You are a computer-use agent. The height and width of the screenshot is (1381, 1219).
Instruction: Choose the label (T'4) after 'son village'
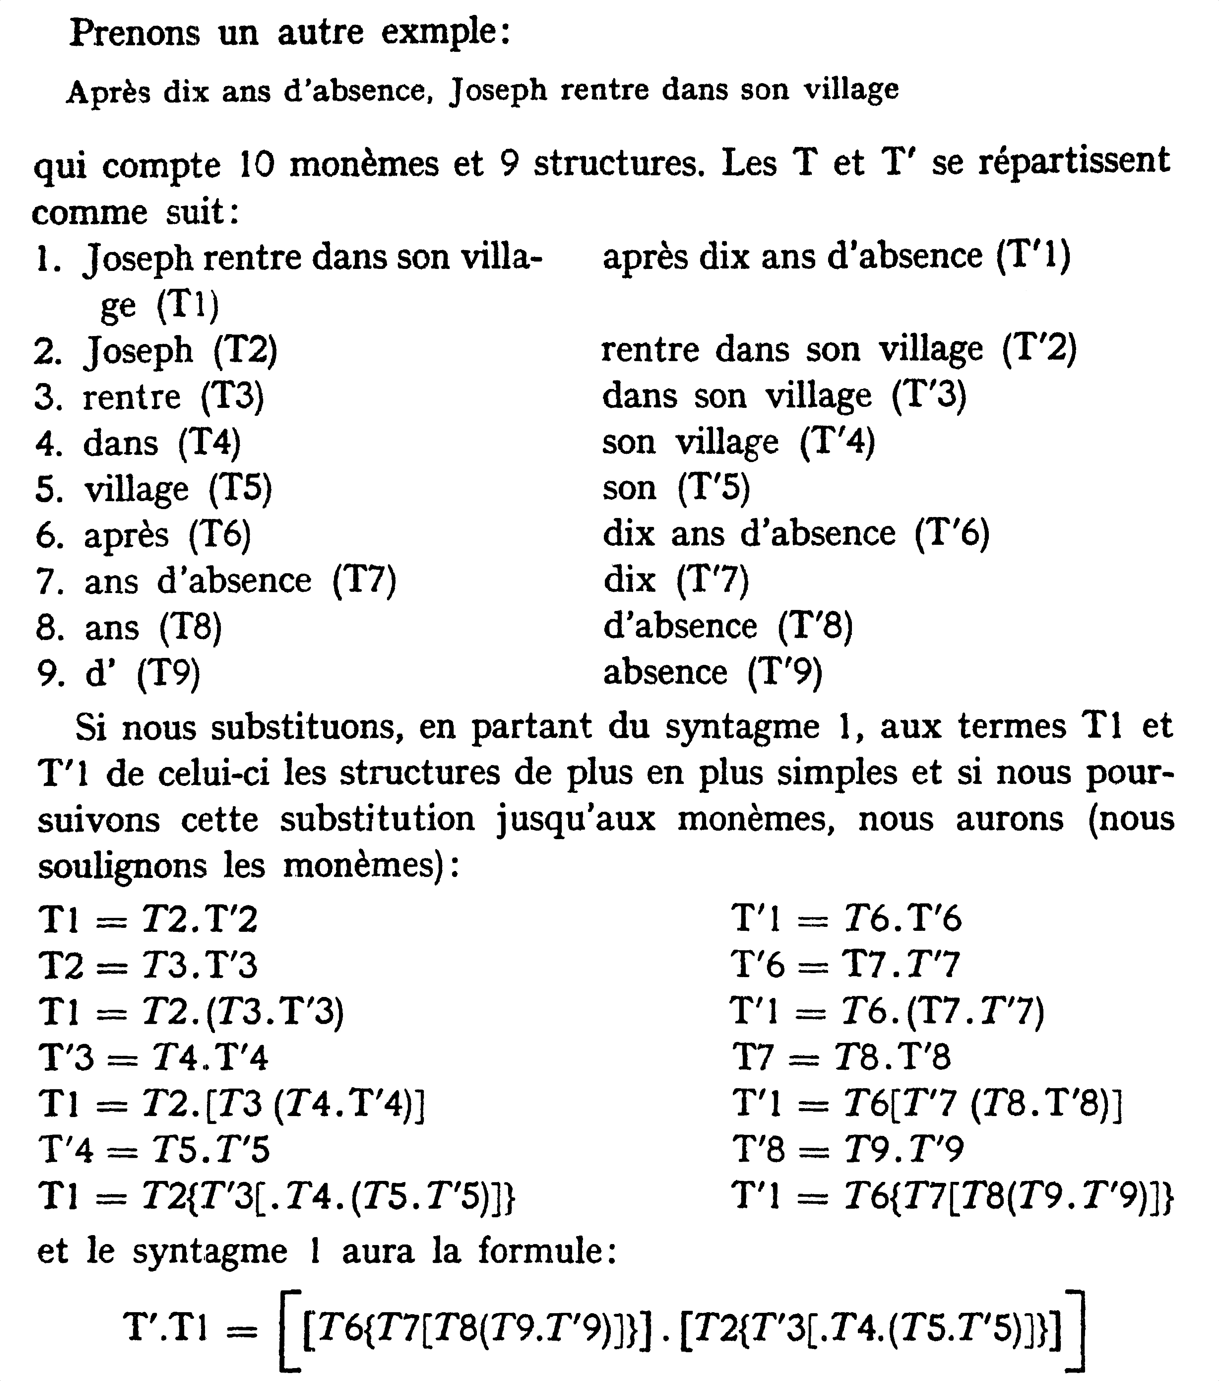[837, 443]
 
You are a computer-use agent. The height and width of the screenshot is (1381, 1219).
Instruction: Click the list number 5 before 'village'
[49, 489]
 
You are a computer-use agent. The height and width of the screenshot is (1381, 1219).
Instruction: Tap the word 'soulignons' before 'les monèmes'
[122, 866]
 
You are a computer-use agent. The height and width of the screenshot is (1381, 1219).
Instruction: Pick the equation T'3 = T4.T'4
[154, 1057]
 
